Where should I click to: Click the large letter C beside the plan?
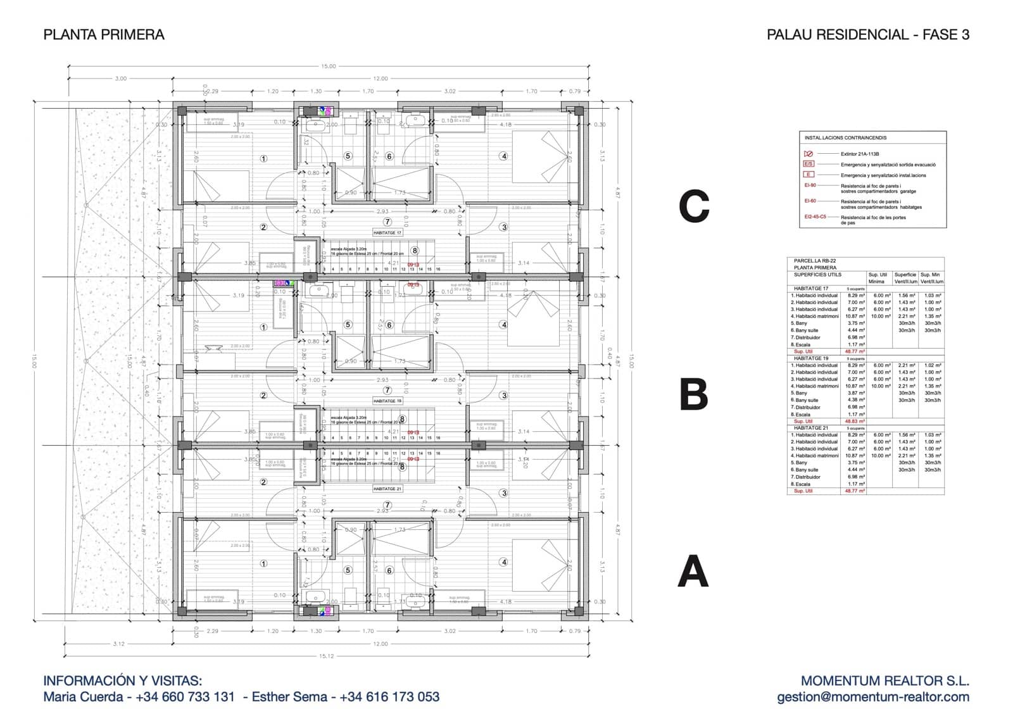pos(694,206)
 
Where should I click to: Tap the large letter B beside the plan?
pos(693,394)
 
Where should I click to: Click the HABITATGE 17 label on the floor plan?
pos(387,233)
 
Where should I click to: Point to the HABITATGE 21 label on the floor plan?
pos(387,489)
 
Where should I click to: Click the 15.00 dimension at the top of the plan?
pos(328,66)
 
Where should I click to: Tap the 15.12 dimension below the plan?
pos(326,656)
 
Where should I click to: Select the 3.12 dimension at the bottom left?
pos(118,644)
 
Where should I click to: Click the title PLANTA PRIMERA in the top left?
pos(104,35)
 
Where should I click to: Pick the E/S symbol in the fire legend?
pos(809,164)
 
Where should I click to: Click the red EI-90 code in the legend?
pos(810,185)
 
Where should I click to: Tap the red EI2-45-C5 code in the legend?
pos(815,217)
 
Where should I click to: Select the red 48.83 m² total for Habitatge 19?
pos(855,421)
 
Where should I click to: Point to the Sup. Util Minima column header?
pos(878,278)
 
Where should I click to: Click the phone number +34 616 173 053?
pos(389,697)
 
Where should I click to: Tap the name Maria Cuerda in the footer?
pos(83,697)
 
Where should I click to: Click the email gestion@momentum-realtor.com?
pos(873,697)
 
